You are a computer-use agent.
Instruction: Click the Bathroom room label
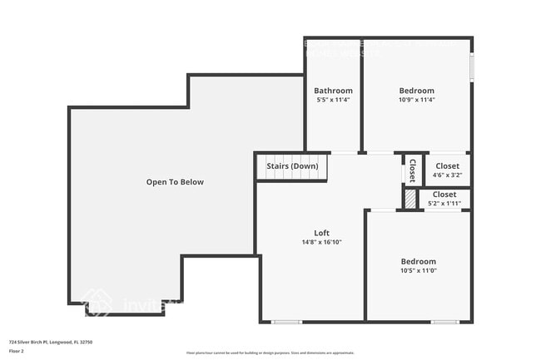[333, 91]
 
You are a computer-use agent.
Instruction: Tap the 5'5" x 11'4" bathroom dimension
[333, 100]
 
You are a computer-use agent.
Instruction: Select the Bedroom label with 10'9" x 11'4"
[416, 91]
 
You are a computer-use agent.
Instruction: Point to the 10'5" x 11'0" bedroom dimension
[418, 271]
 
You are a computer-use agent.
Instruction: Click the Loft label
[321, 233]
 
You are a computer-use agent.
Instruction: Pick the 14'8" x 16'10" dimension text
[321, 243]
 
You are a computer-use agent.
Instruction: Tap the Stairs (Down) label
[292, 166]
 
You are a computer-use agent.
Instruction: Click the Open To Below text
[175, 182]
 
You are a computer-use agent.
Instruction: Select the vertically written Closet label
[412, 170]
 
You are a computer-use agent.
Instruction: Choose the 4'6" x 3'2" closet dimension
[447, 175]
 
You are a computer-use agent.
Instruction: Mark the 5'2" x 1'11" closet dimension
[444, 203]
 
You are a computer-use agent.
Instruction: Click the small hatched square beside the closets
[409, 200]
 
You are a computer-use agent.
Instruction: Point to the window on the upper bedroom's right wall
[471, 66]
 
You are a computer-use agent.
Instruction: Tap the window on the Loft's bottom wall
[287, 322]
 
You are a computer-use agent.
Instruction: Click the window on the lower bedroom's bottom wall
[444, 322]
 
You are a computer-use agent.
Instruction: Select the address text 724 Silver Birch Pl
[51, 342]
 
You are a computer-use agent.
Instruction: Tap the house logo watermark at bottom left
[97, 305]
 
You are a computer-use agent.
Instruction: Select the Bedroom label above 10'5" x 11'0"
[418, 262]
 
